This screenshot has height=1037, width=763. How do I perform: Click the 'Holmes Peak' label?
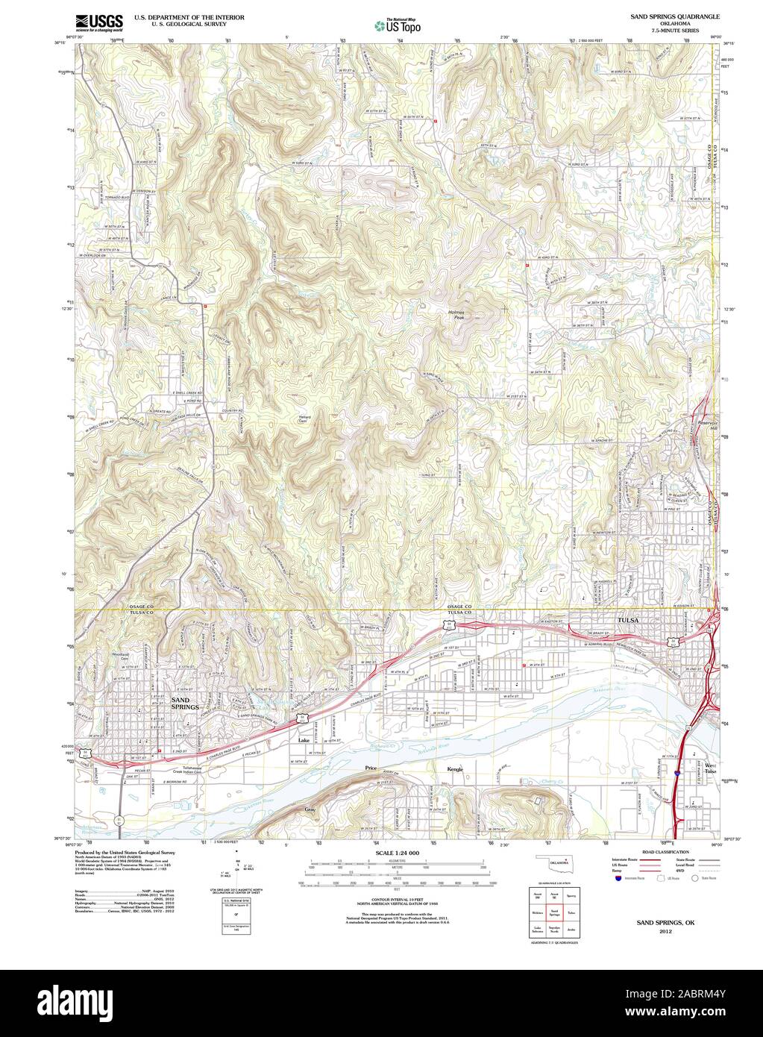(456, 314)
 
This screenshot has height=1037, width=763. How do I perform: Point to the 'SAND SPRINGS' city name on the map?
(185, 703)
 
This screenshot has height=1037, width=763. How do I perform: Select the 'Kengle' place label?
(455, 769)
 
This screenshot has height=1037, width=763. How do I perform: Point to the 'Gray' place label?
(310, 809)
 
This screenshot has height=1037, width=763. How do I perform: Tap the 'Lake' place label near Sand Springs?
(304, 741)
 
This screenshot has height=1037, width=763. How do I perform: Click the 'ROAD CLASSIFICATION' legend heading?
(660, 851)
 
